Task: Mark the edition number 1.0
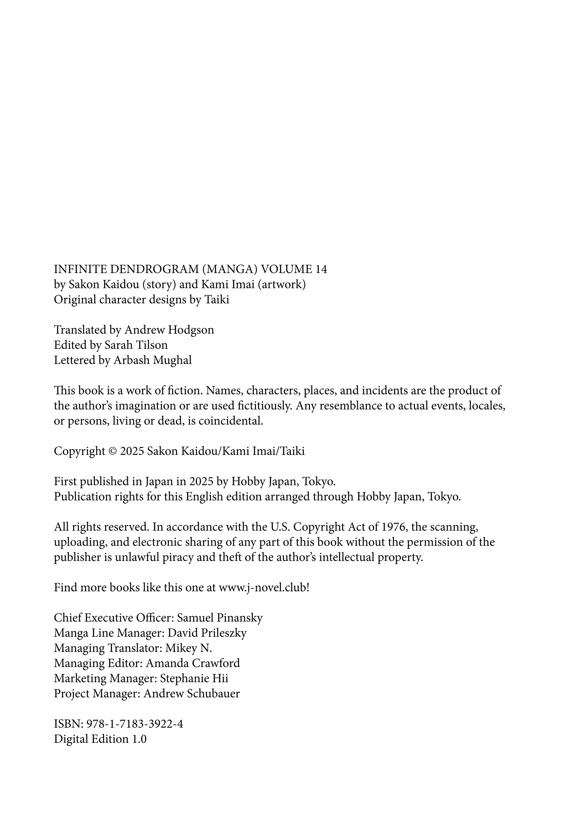point(139,739)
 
